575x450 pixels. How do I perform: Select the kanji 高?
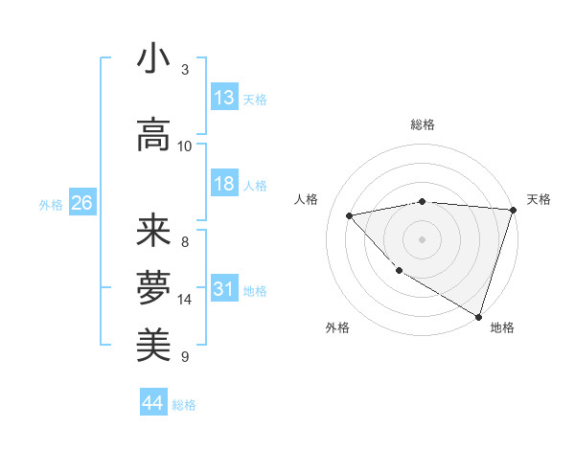153,134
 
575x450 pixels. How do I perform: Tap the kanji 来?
153,231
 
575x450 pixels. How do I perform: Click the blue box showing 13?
224,98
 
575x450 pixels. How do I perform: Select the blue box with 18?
224,185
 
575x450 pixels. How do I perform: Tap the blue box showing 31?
224,290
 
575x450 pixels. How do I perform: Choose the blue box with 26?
81,203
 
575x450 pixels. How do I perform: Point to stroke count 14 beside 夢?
185,300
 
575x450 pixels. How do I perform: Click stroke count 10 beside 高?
185,146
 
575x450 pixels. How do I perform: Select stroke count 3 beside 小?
185,69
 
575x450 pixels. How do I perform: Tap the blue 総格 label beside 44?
184,405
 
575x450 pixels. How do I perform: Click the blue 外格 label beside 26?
51,204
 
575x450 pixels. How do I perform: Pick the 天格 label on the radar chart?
539,199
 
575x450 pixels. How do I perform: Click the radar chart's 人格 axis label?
307,199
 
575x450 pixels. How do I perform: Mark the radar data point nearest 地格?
478,315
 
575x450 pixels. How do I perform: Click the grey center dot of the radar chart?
422,239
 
